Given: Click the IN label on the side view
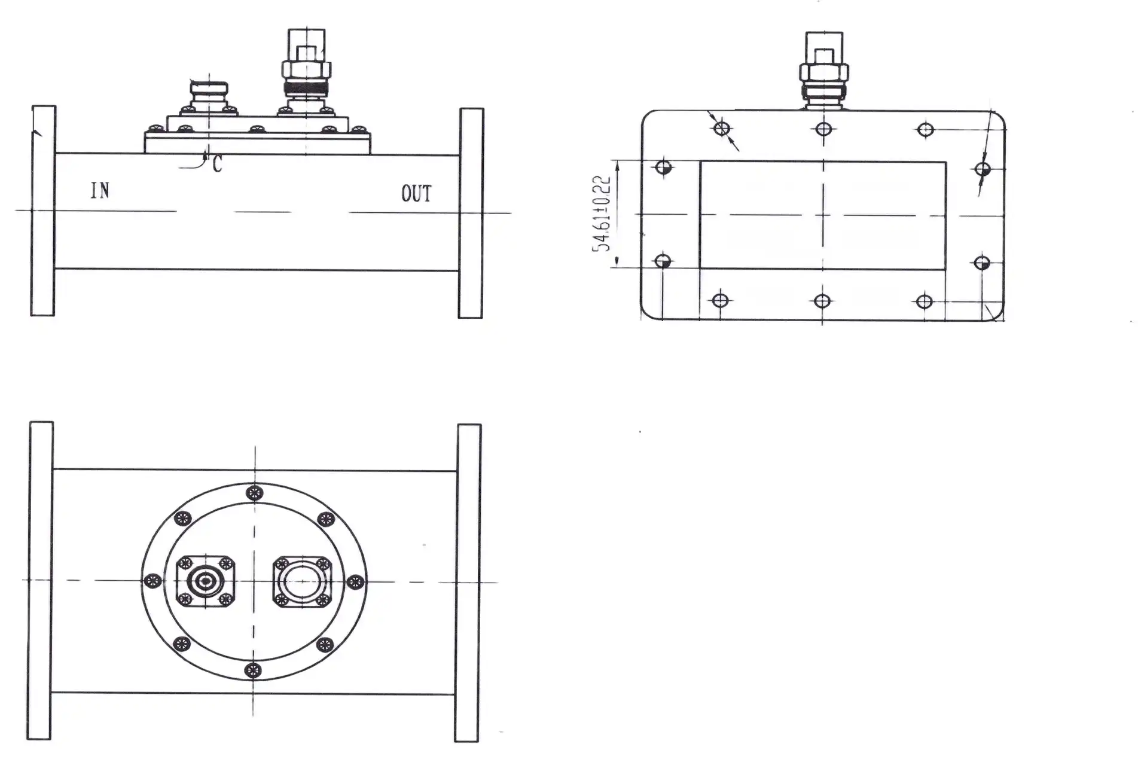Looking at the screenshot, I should click(x=100, y=190).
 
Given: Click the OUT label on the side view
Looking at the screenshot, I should click(x=416, y=194).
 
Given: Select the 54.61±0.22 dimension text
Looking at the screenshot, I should click(x=602, y=214).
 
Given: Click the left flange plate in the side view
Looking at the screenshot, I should click(x=43, y=211).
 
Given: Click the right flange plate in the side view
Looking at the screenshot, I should click(x=471, y=213).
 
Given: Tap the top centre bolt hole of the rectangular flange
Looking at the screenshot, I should click(x=823, y=129).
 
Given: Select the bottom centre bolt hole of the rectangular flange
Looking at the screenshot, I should click(x=822, y=301).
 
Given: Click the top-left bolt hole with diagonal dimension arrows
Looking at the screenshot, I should click(x=722, y=129).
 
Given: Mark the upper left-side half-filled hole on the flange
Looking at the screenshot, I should click(x=663, y=167).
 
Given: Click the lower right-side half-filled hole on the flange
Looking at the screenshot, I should click(x=981, y=263).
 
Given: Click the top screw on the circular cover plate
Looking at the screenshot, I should click(x=255, y=493).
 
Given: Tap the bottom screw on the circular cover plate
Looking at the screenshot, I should click(x=254, y=669).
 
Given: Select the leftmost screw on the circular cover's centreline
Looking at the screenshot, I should click(x=153, y=580).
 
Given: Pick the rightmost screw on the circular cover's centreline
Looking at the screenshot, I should click(x=355, y=581).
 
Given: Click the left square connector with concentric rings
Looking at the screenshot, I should click(x=206, y=581).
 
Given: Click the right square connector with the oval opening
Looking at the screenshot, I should click(x=303, y=582).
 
